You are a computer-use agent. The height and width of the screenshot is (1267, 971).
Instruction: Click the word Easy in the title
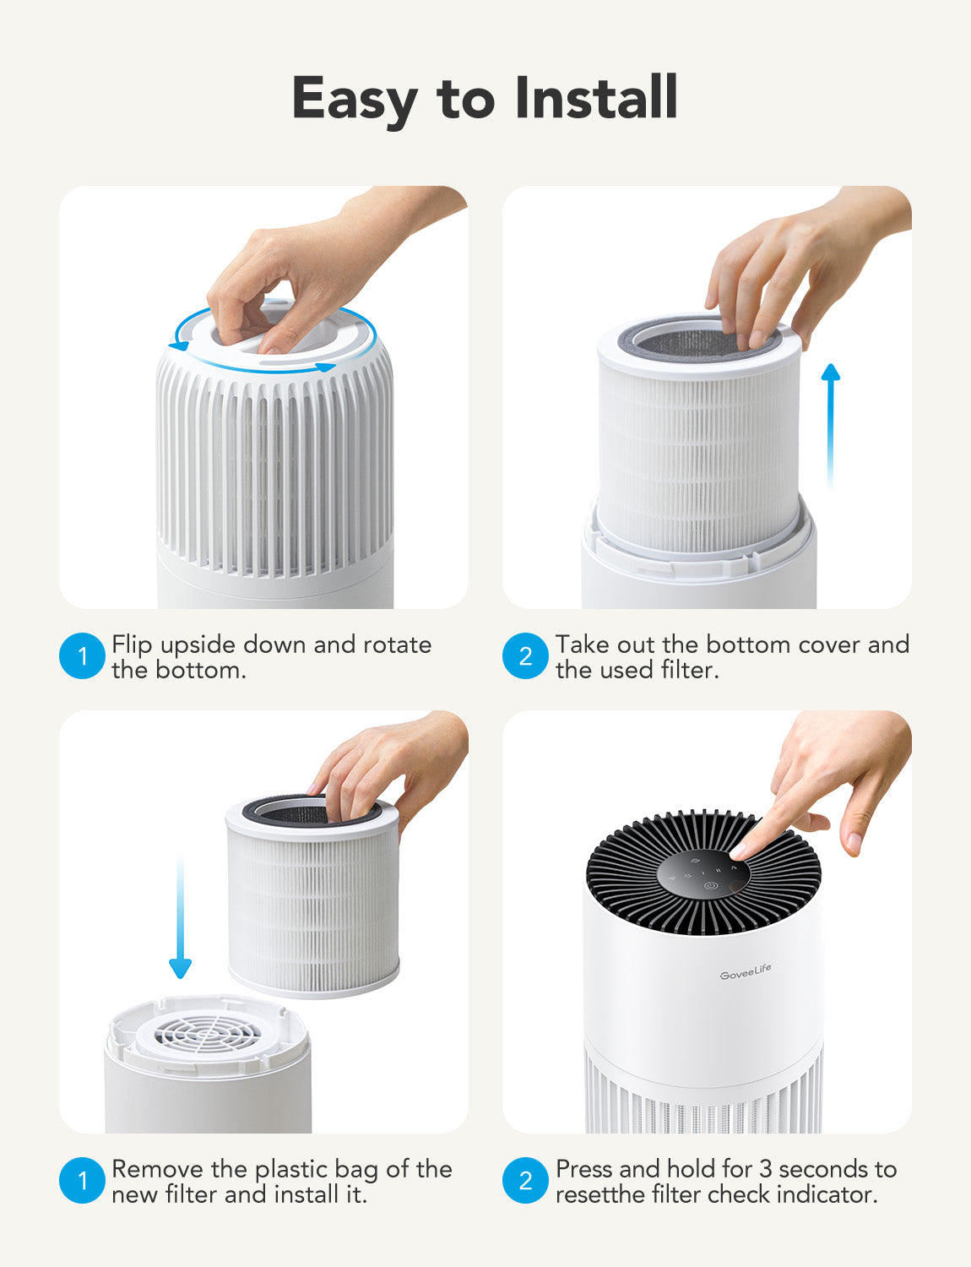(x=355, y=100)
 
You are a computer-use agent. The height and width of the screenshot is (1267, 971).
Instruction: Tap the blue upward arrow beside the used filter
(x=831, y=422)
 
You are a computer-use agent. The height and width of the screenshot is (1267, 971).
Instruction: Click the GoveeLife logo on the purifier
(x=745, y=972)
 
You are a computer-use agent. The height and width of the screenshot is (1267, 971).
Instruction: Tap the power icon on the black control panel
(x=710, y=887)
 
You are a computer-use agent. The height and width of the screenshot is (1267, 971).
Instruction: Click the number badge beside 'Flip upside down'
(x=82, y=656)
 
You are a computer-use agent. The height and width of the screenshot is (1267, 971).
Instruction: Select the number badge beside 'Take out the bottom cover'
(x=525, y=656)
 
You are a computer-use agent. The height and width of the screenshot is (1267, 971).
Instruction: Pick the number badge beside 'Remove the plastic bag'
(x=82, y=1181)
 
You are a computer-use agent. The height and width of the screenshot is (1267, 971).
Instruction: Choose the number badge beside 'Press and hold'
(x=525, y=1181)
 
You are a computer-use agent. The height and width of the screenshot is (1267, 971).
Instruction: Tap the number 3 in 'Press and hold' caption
(x=765, y=1169)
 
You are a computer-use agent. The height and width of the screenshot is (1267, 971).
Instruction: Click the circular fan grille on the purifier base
(x=208, y=1033)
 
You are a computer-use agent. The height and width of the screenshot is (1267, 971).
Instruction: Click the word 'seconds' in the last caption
(x=824, y=1169)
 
